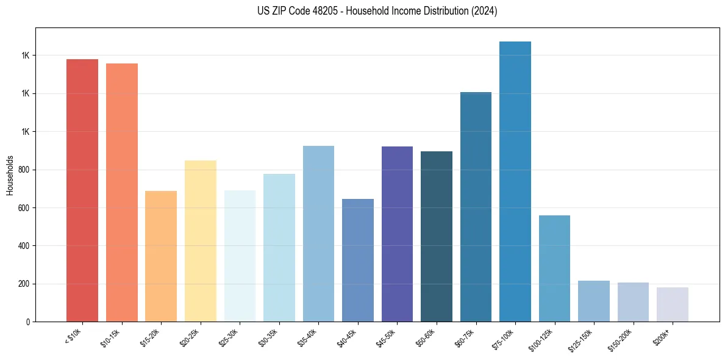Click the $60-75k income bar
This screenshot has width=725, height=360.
(476, 207)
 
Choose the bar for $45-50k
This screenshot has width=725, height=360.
(397, 234)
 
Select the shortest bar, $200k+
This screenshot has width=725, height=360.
(673, 304)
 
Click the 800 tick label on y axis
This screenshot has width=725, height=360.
(24, 170)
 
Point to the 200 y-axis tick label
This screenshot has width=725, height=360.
(24, 284)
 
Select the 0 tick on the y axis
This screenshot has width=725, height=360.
(28, 322)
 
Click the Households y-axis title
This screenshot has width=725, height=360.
(10, 175)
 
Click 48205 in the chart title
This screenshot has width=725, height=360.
(320, 11)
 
